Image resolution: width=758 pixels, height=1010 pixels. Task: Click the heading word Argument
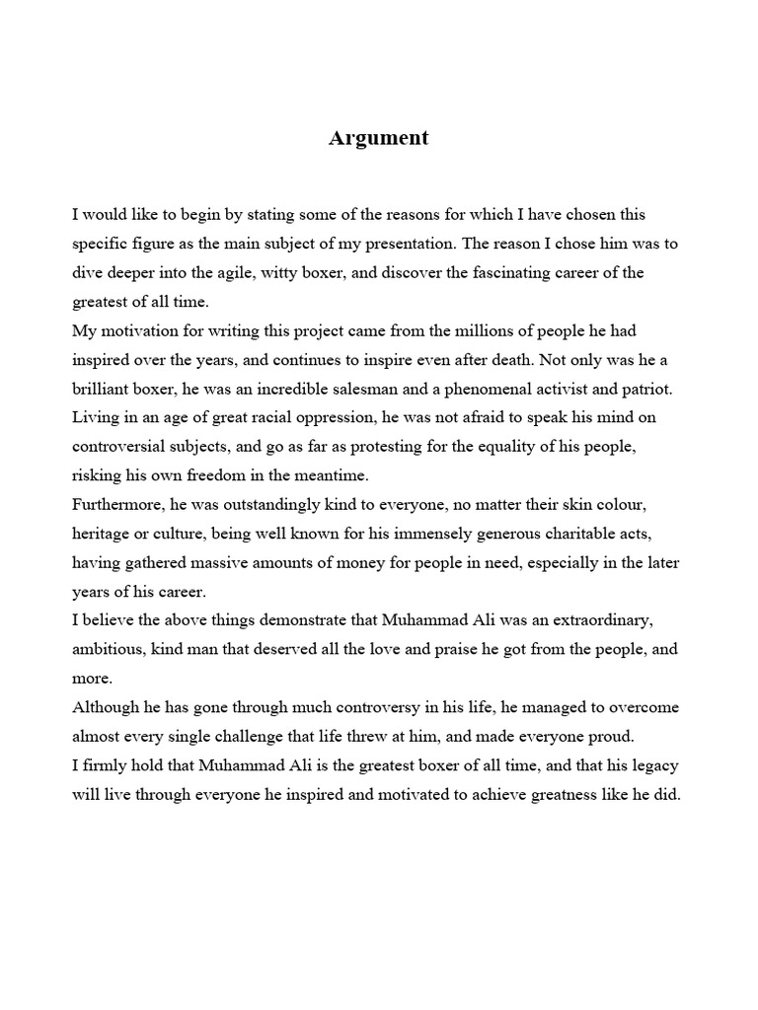(378, 138)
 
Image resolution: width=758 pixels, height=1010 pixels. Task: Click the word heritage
(102, 534)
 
